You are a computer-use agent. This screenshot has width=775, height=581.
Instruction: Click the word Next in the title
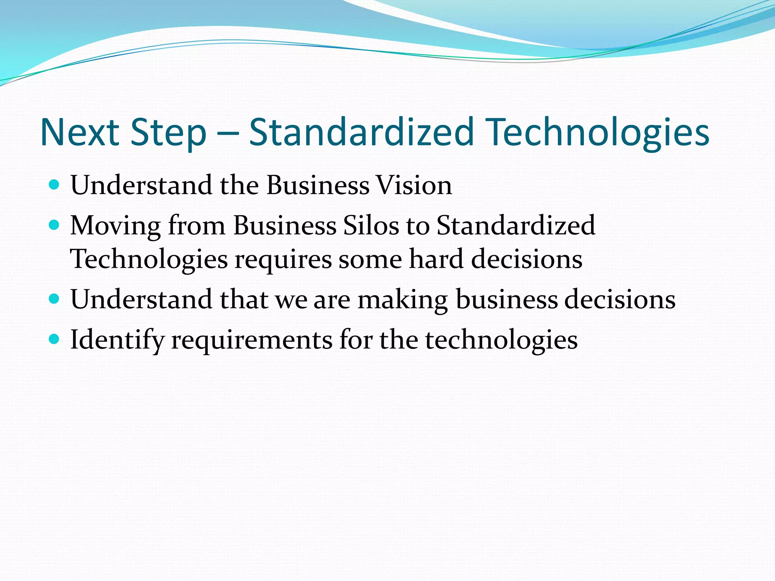80,132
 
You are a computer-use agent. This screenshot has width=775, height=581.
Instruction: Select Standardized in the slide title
361,132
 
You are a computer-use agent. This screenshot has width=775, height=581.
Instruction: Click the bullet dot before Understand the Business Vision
54,185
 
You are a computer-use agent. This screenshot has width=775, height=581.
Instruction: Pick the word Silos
371,225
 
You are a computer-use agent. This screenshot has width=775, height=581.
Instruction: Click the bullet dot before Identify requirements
54,339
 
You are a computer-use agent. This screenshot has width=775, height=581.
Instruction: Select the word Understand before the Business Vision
142,185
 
